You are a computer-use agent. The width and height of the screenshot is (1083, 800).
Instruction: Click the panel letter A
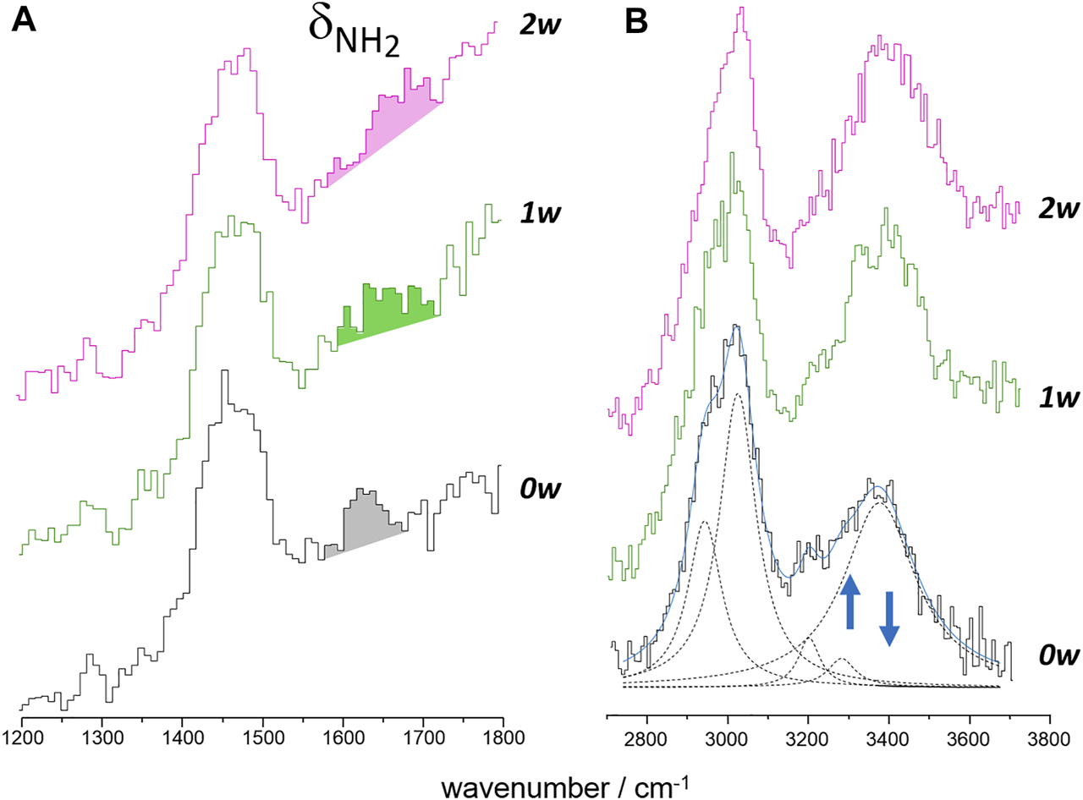coord(24,22)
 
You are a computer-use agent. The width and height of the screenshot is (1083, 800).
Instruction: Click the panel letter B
coord(635,22)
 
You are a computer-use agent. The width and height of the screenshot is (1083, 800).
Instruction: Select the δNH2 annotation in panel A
coord(354,39)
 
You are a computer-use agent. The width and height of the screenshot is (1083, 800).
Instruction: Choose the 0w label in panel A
coord(538,488)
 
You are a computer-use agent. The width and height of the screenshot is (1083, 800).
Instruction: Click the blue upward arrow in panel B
coord(850,600)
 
